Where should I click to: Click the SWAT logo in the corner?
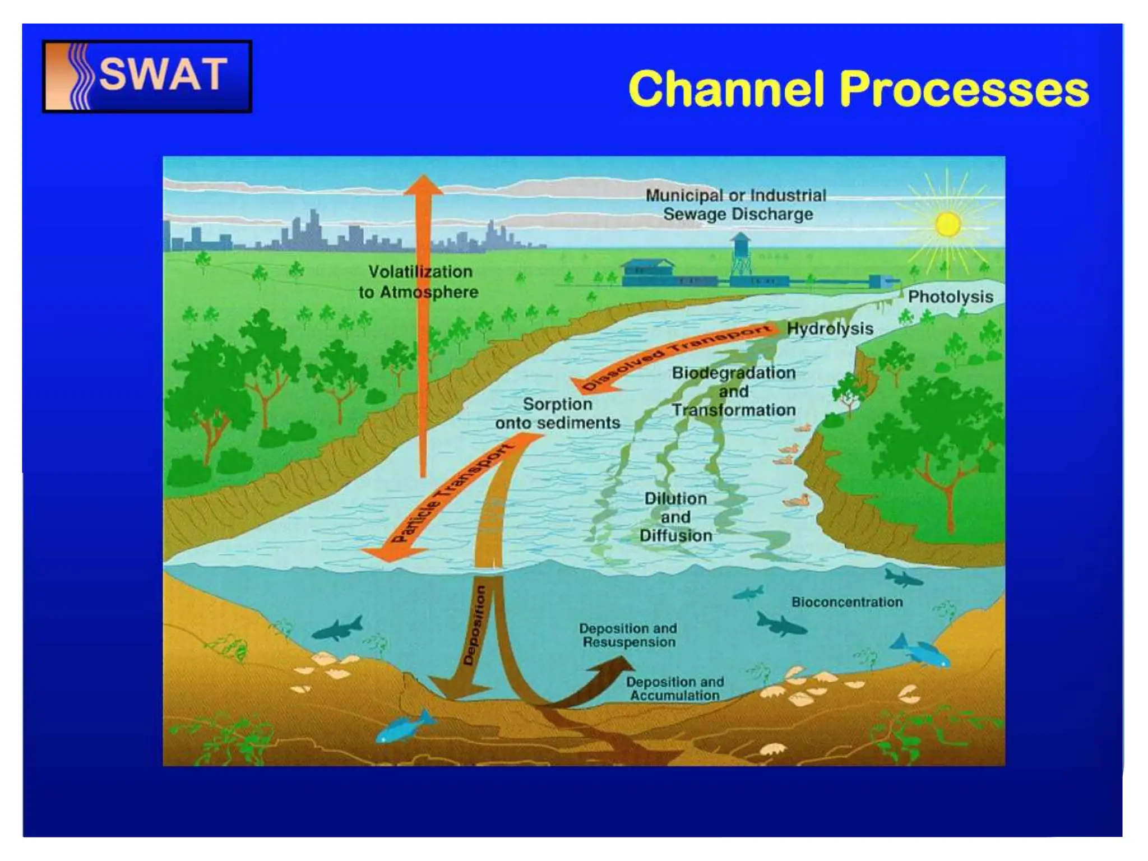(147, 76)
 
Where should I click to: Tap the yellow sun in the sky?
(947, 224)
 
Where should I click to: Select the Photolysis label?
(950, 297)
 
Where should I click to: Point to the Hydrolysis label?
(830, 328)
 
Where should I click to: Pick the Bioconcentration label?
(846, 602)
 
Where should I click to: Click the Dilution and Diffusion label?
(675, 517)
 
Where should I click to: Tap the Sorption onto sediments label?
(557, 413)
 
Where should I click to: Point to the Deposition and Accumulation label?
(675, 688)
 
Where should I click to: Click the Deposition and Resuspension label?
(628, 635)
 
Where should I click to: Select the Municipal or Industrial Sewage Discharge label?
(737, 205)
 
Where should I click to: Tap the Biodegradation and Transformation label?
(733, 391)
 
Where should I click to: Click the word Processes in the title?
(964, 90)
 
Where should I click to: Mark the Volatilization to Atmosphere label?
(419, 281)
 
